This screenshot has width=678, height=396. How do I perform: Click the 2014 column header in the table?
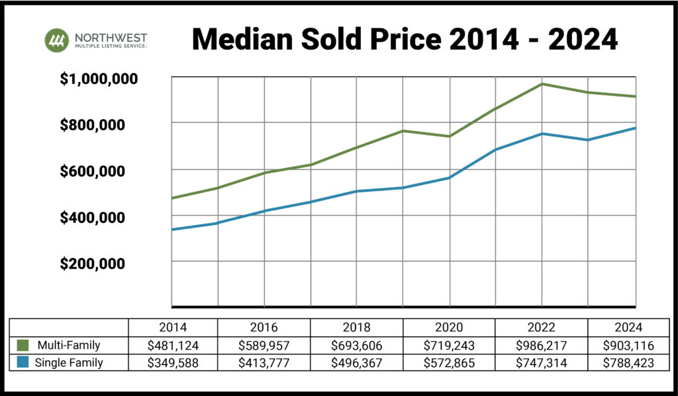click(173, 327)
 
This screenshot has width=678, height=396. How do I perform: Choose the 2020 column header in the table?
click(450, 327)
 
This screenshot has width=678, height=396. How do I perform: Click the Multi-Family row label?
click(68, 345)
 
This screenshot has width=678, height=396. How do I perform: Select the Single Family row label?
click(69, 363)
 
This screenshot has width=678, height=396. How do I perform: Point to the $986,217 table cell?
click(542, 345)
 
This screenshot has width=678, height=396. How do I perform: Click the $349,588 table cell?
click(173, 363)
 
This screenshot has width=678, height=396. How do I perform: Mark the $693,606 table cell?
click(357, 345)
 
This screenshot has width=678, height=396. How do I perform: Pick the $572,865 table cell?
click(450, 363)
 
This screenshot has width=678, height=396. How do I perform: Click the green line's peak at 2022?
click(542, 84)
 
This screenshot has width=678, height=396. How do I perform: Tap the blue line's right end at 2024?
click(635, 128)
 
